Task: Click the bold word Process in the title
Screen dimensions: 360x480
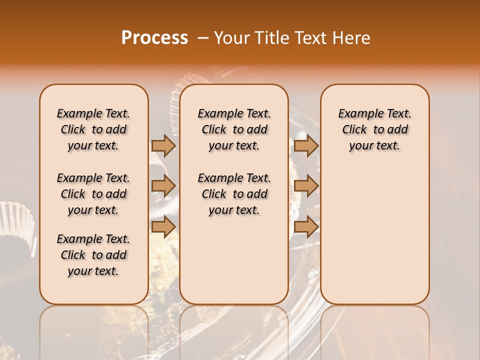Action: pos(154,38)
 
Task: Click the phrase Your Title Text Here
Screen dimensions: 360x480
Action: pos(292,38)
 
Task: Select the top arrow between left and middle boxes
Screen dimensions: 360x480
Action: pos(163,145)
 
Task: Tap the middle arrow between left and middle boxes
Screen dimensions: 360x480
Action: pos(163,186)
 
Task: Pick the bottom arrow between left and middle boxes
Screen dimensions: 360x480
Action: pos(163,226)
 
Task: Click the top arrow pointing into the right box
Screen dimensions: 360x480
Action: pos(306,145)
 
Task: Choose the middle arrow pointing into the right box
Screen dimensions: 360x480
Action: pos(306,186)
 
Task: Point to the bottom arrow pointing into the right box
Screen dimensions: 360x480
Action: pos(306,226)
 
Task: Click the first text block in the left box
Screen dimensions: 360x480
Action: pos(93,129)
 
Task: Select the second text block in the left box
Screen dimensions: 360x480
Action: pos(93,194)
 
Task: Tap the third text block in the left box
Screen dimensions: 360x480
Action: pos(93,255)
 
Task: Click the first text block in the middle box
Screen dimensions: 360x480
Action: pos(234,129)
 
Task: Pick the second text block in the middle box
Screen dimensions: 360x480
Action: pos(234,194)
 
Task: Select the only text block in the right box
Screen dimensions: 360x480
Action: pos(374,129)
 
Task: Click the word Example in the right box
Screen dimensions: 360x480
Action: pos(357,114)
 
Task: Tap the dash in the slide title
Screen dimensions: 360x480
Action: pos(203,38)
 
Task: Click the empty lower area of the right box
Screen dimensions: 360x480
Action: pos(374,235)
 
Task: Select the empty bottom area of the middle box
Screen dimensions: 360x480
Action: pos(234,265)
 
